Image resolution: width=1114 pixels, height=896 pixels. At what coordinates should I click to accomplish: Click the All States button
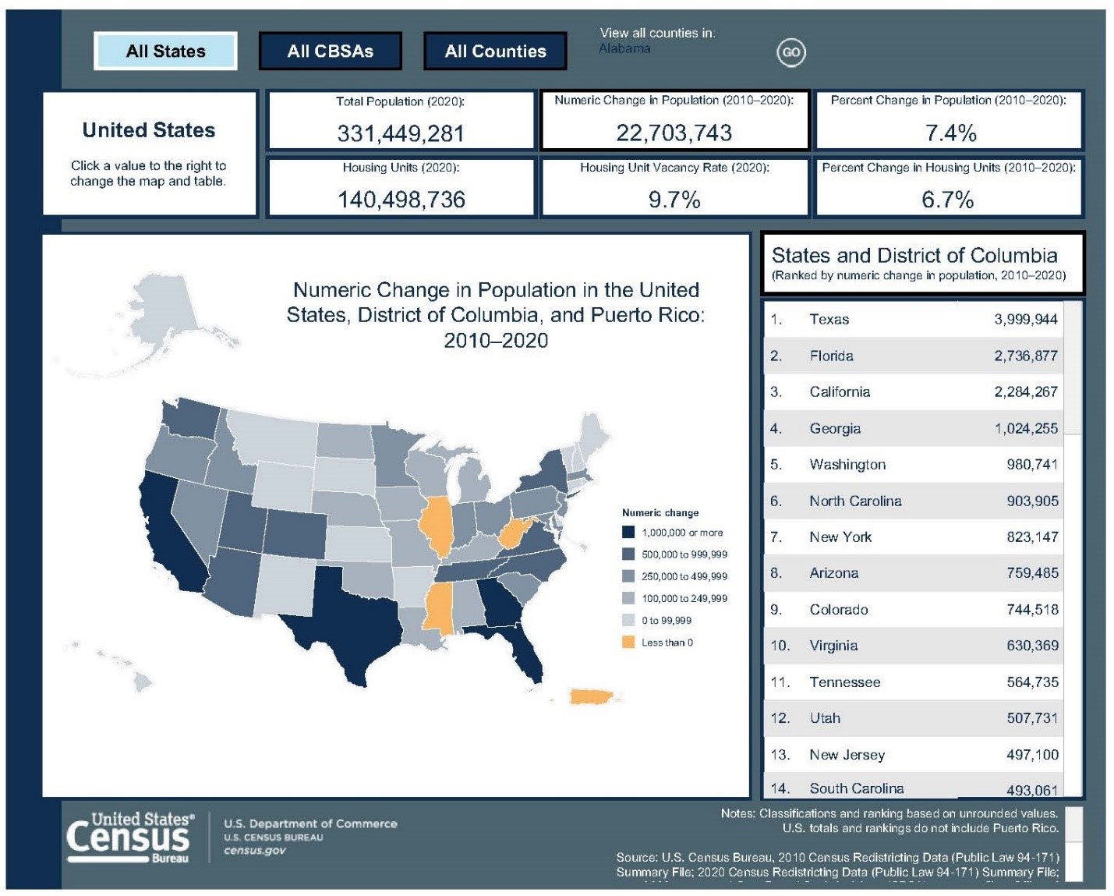pyautogui.click(x=165, y=51)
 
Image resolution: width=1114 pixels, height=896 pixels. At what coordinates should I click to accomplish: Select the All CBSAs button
pyautogui.click(x=330, y=51)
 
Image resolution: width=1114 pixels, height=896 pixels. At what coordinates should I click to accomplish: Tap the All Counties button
pyautogui.click(x=495, y=51)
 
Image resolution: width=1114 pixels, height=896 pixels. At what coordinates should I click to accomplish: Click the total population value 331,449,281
pyautogui.click(x=401, y=133)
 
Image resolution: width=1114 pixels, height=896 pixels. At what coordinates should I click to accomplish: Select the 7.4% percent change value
pyautogui.click(x=950, y=133)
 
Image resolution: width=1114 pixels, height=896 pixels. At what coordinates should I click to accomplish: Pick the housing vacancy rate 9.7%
pyautogui.click(x=674, y=200)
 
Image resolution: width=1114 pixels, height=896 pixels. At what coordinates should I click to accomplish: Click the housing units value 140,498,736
pyautogui.click(x=401, y=200)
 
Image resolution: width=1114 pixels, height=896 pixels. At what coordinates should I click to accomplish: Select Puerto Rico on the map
pyautogui.click(x=596, y=696)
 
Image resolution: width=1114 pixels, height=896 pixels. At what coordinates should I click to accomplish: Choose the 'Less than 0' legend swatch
pyautogui.click(x=628, y=643)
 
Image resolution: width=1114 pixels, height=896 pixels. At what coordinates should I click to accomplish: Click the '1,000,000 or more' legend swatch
pyautogui.click(x=628, y=533)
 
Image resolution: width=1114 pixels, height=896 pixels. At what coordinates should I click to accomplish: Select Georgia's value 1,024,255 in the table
pyautogui.click(x=1026, y=428)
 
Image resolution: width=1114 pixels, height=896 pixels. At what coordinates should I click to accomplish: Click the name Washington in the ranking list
pyautogui.click(x=847, y=465)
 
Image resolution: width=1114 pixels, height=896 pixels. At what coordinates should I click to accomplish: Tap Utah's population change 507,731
pyautogui.click(x=1032, y=718)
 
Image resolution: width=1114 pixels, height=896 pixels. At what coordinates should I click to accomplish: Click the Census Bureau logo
pyautogui.click(x=129, y=838)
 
